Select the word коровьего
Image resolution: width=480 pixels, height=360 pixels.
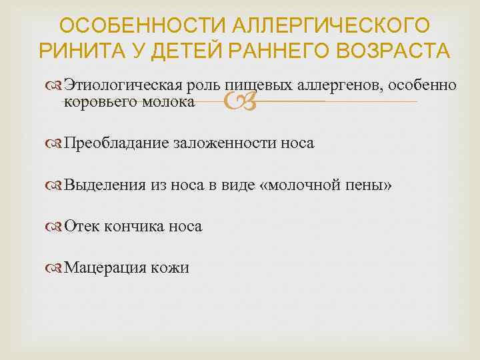(x=97, y=102)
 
